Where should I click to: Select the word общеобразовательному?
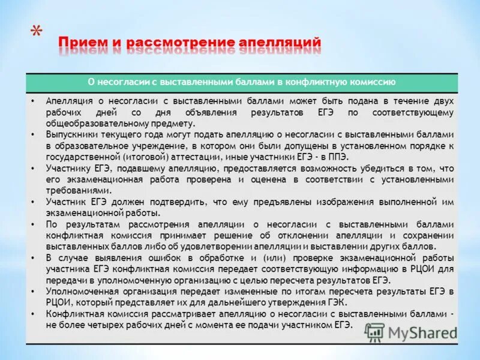tap(91, 122)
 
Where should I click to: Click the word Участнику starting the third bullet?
tap(67, 168)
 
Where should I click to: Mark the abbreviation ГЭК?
tap(338, 302)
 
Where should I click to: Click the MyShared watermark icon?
tap(374, 332)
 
